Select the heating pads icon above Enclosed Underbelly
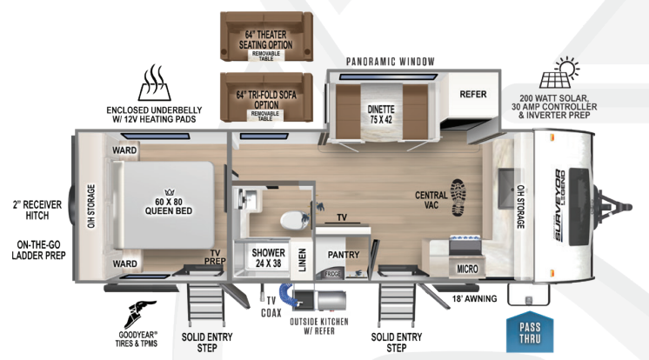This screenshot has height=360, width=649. pos(153,83)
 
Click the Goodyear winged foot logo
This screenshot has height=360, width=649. pos(143,312)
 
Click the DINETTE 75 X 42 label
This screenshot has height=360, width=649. pos(381,115)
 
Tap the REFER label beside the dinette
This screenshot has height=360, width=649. pos(472,94)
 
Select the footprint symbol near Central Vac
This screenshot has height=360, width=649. pos(458,198)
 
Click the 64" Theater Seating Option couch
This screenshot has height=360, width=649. pos(264,37)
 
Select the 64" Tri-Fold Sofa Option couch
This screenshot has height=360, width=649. pos(264,96)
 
